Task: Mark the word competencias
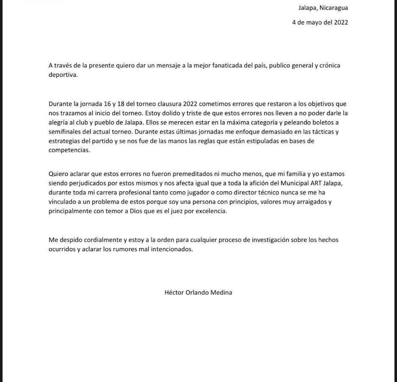coord(69,150)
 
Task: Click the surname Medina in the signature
coord(222,292)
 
